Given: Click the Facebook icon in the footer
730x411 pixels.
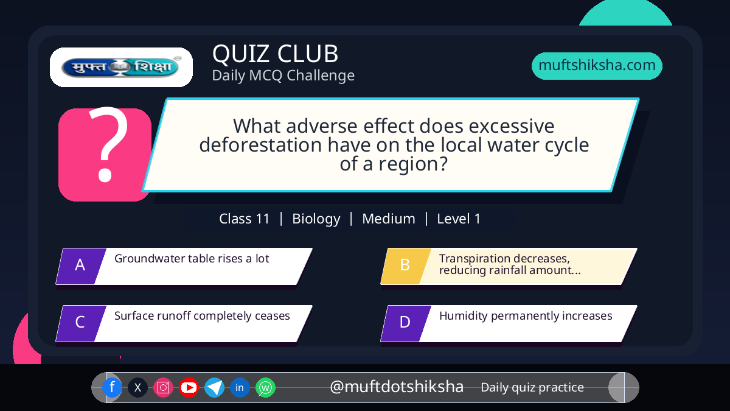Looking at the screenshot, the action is point(112,387).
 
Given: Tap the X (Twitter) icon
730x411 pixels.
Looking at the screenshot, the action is point(137,387).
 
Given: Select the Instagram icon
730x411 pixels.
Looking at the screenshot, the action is point(163,387).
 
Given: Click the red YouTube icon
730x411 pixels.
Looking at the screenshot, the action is point(189,387).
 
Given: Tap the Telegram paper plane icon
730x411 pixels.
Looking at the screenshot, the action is point(214,387).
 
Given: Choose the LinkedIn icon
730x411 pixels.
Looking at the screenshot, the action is point(240,387).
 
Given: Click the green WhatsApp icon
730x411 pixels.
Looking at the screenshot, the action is point(265,387).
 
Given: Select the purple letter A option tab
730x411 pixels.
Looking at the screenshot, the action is point(81,266).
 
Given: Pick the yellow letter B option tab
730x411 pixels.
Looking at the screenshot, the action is point(406,266).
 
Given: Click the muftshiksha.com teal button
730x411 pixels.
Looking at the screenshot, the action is point(597,66).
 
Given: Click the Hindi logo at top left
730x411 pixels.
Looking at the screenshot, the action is point(121,67).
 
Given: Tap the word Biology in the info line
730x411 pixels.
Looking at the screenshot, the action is point(316,219).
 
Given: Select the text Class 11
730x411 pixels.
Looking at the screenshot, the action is point(244,219).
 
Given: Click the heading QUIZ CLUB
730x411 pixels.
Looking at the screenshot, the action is point(276,54).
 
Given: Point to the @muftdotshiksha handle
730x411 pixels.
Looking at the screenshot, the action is point(397,387).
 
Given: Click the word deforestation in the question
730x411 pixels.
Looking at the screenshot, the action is point(260,145).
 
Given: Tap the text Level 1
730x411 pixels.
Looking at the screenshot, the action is point(459,219).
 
